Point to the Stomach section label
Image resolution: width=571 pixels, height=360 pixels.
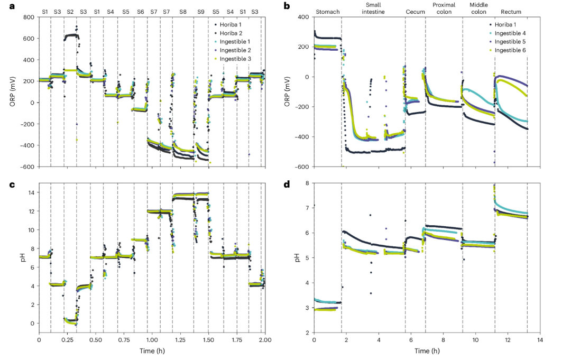click(x=327, y=12)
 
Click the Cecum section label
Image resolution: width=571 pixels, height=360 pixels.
click(x=415, y=12)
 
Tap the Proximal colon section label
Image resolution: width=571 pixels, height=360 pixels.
click(x=444, y=8)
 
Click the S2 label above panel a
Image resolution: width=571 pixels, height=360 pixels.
click(x=70, y=11)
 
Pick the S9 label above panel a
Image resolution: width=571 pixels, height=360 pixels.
click(x=201, y=11)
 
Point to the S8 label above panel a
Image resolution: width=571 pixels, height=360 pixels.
click(x=182, y=11)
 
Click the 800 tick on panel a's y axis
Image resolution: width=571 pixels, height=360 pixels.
click(x=28, y=17)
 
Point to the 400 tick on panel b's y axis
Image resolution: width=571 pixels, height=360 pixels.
click(x=303, y=17)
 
